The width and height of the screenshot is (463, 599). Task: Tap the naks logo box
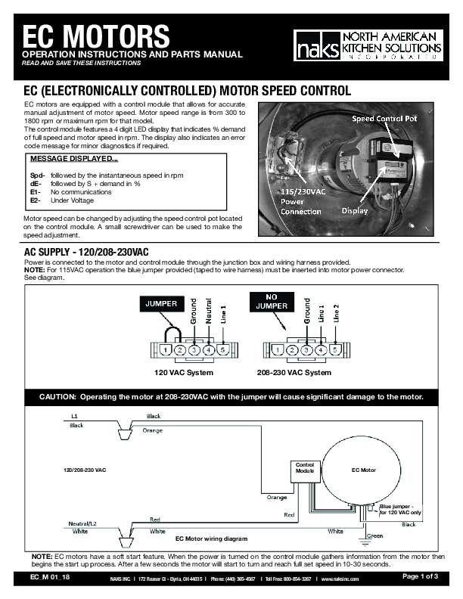(312, 47)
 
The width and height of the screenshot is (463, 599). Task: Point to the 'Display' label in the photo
(356, 209)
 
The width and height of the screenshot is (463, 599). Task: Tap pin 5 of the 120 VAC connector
(222, 350)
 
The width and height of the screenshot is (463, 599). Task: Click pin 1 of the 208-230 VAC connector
(278, 350)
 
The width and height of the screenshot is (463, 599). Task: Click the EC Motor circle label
(364, 470)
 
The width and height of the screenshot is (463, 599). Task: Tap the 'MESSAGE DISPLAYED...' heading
(73, 160)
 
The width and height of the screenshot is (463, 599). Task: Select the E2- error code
(36, 201)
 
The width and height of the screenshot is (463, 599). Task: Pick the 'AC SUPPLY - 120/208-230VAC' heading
(86, 251)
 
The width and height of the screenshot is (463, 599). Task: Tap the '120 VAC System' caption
(184, 373)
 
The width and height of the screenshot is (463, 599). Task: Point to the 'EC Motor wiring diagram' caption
(211, 538)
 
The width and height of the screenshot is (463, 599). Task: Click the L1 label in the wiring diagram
(73, 416)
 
